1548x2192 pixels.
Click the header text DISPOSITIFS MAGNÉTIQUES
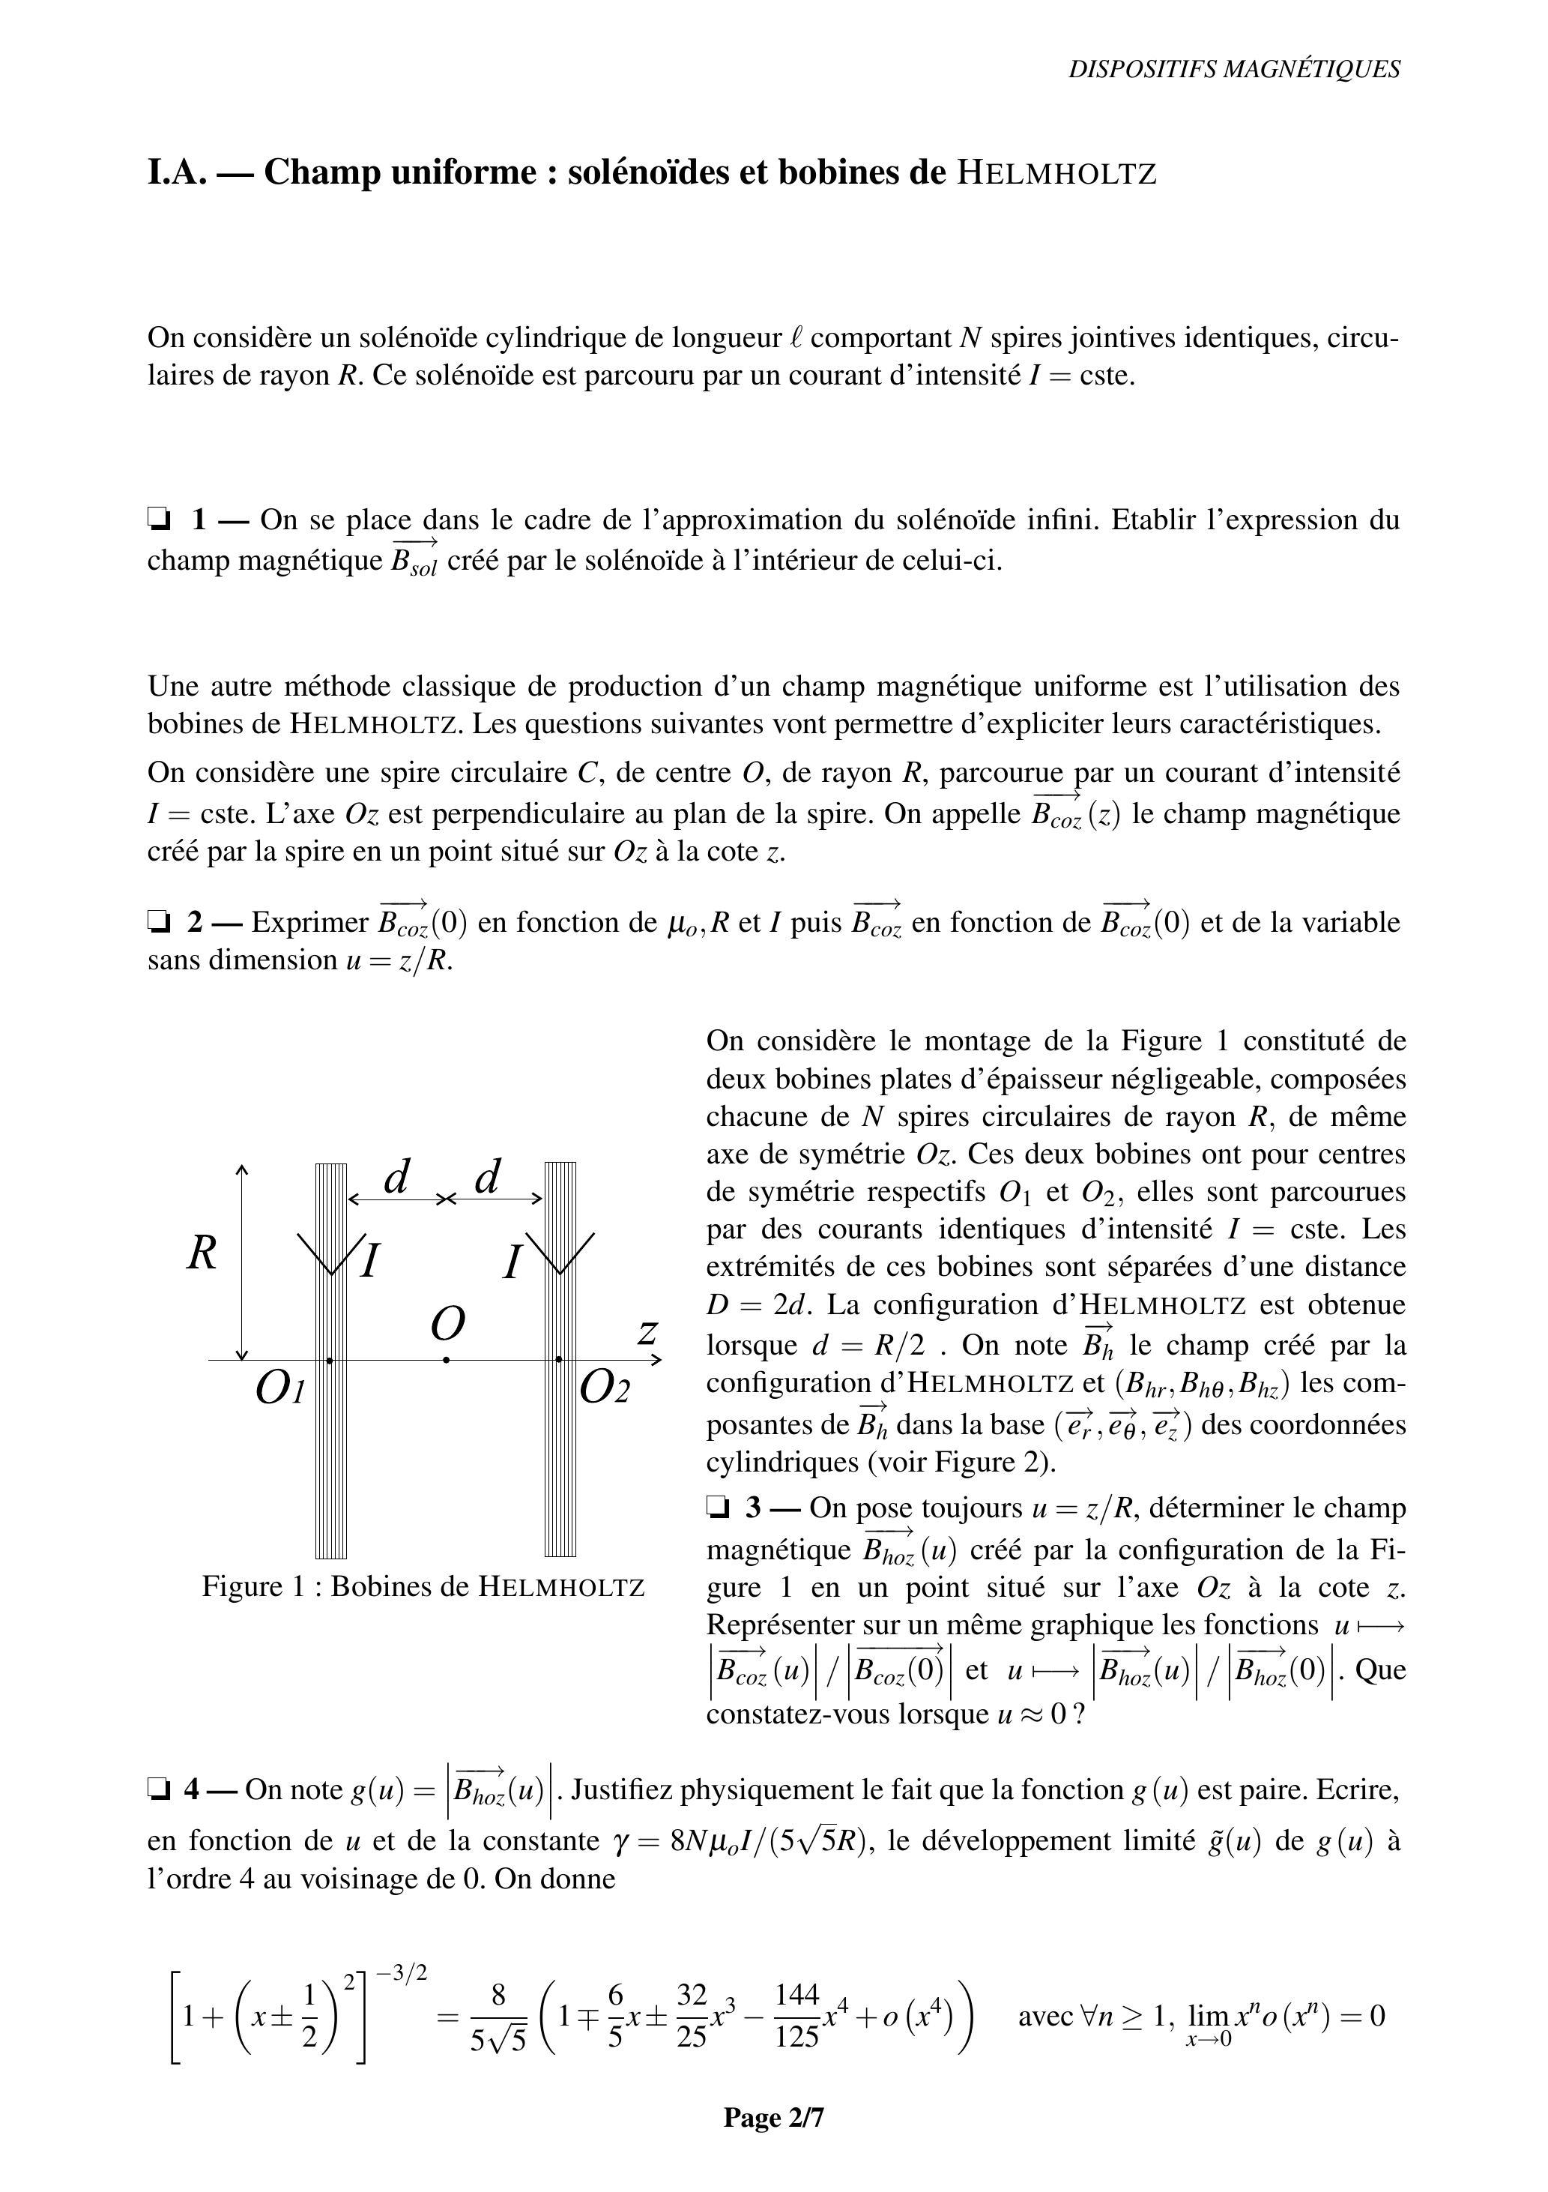[1234, 70]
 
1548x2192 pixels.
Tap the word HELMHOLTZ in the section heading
[1056, 174]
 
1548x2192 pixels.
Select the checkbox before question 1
[158, 520]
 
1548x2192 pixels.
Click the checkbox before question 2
[158, 922]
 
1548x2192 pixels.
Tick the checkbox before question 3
[718, 1508]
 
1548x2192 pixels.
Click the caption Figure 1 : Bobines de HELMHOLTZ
[423, 1587]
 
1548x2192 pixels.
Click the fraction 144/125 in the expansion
[797, 2015]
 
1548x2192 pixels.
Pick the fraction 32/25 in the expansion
[691, 2015]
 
